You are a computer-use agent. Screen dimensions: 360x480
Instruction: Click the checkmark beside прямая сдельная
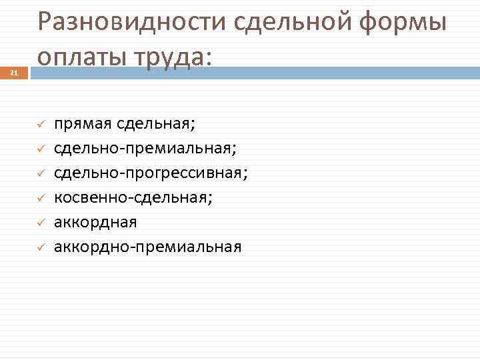pos(40,124)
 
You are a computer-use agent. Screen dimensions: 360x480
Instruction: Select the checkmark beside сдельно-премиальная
pos(40,149)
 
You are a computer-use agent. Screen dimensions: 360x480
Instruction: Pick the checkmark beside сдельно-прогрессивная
pos(40,173)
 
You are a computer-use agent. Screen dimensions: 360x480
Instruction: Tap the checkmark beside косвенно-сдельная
pos(40,198)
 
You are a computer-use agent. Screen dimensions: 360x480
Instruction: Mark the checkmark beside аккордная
pos(40,223)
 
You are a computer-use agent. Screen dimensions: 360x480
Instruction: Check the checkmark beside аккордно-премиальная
pos(40,247)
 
